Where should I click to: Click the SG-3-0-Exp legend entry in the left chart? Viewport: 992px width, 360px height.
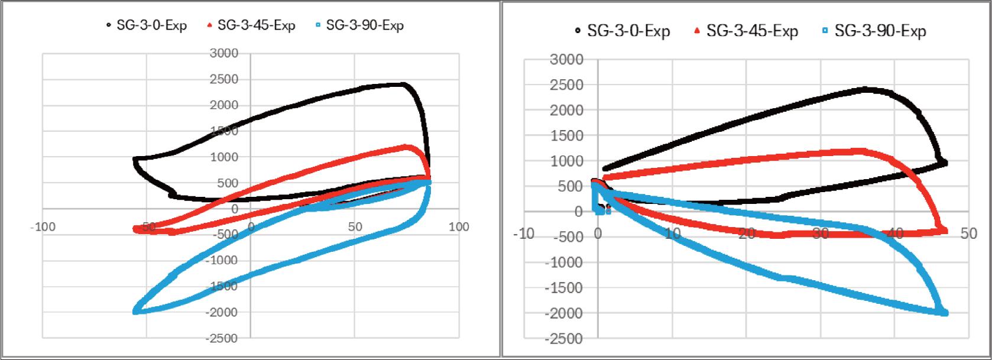tap(146, 25)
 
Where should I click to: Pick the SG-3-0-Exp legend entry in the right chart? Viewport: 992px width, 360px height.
tap(622, 31)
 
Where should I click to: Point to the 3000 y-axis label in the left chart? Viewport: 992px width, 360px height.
tap(224, 53)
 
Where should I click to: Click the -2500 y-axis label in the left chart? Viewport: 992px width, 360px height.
tap(222, 338)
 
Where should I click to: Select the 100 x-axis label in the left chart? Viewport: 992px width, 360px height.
tap(459, 228)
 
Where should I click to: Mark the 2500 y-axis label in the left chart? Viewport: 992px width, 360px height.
tap(224, 79)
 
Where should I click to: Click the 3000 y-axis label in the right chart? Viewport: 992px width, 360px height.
tap(566, 59)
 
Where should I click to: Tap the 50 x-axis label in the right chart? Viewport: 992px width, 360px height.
tap(968, 234)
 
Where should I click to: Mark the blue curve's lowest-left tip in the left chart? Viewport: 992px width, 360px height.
tap(136, 311)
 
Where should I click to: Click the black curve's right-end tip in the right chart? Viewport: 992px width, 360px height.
tap(944, 163)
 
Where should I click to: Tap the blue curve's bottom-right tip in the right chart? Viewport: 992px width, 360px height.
tap(944, 313)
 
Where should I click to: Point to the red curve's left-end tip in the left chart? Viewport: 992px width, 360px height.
tap(136, 229)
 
